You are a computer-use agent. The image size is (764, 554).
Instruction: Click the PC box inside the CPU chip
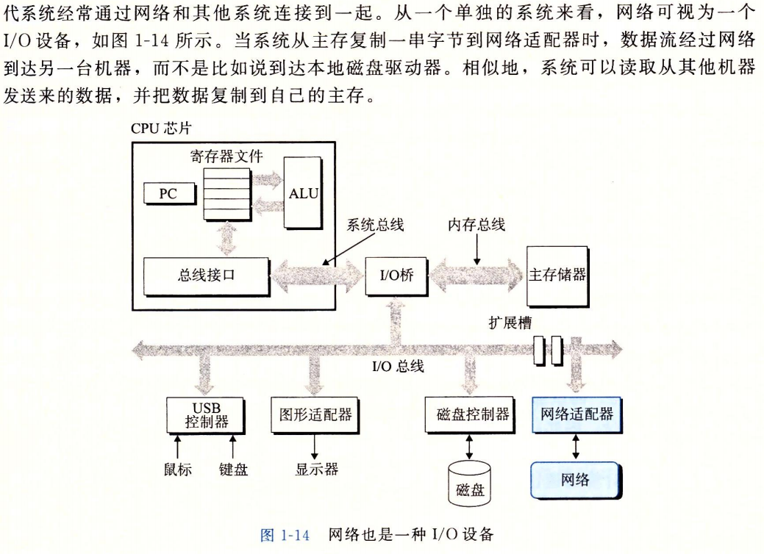[x=169, y=194]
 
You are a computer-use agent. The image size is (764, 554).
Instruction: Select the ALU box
[x=302, y=193]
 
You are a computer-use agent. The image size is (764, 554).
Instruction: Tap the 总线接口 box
[x=206, y=276]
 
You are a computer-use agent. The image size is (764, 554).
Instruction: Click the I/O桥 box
[x=396, y=276]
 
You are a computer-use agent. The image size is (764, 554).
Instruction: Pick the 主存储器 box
[x=557, y=276]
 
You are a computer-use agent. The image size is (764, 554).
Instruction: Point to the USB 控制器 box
[x=205, y=415]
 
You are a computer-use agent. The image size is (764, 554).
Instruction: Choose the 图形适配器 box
[x=315, y=415]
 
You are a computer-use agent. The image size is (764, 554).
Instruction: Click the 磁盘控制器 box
[x=470, y=415]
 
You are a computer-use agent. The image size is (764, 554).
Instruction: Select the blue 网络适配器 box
[x=577, y=415]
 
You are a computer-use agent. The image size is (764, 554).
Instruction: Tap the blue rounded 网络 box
[x=576, y=481]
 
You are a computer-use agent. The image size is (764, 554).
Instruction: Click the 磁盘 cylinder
[x=469, y=483]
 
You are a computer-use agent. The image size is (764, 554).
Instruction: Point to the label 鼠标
[x=178, y=470]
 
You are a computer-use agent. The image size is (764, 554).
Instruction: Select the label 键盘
[x=233, y=470]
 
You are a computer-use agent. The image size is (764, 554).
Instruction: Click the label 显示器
[x=317, y=470]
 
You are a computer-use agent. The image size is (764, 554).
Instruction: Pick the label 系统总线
[x=375, y=225]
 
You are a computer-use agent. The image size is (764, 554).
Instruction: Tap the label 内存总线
[x=476, y=225]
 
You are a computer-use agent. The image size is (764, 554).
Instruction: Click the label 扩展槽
[x=510, y=323]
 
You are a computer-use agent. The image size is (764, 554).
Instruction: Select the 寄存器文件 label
[x=226, y=157]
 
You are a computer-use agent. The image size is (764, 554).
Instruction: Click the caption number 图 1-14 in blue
[x=285, y=535]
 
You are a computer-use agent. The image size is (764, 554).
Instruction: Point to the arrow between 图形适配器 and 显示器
[x=315, y=447]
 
